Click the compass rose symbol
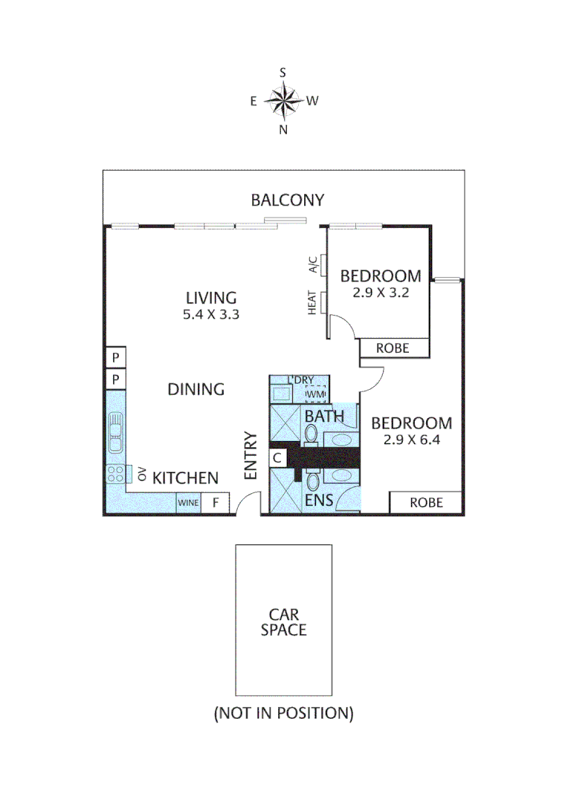(x=283, y=101)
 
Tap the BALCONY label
(x=287, y=200)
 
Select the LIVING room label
(x=210, y=298)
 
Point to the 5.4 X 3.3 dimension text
(x=210, y=314)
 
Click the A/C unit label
(x=313, y=264)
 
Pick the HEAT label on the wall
(x=313, y=302)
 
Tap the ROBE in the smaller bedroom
(x=394, y=348)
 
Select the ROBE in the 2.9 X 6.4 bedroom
(x=427, y=503)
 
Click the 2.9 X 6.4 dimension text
(x=411, y=440)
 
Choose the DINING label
(x=196, y=389)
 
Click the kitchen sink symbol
(x=115, y=432)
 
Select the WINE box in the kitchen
(x=188, y=503)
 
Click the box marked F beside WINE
(x=216, y=503)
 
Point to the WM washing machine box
(x=317, y=394)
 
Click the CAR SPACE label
(x=283, y=622)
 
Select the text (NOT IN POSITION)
(x=283, y=714)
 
